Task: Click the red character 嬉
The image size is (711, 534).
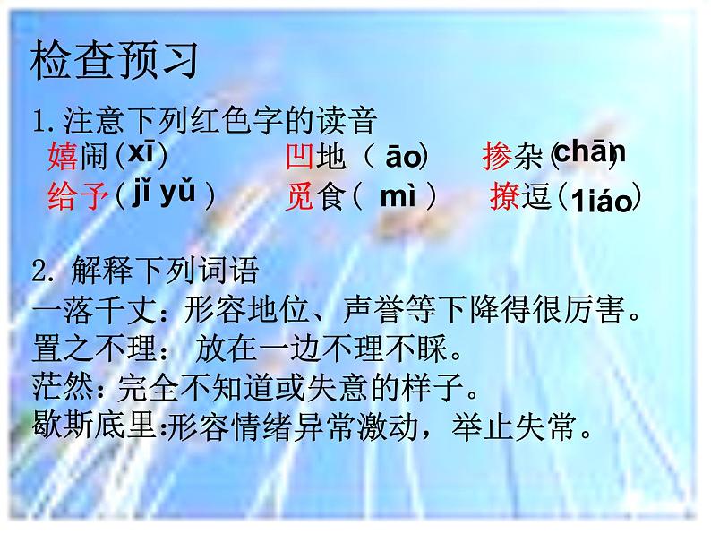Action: point(62,158)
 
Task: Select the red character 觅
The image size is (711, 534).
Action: point(302,196)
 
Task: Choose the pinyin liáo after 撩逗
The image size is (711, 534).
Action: point(599,202)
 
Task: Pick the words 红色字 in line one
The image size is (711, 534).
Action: point(236,118)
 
